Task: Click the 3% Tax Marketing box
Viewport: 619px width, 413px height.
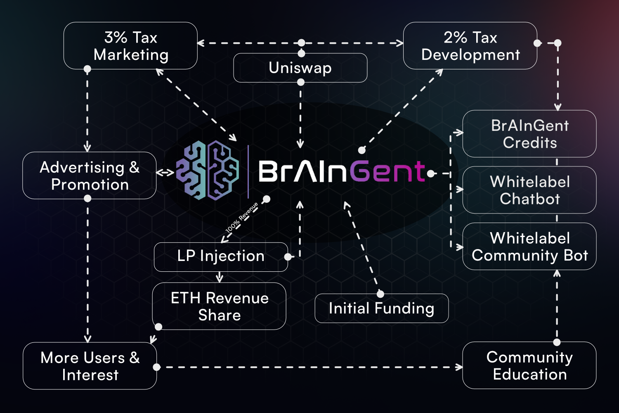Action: tap(130, 46)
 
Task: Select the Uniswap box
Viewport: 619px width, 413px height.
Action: tap(300, 68)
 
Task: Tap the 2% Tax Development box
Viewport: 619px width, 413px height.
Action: tap(470, 46)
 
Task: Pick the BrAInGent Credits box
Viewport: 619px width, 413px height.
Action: tap(529, 134)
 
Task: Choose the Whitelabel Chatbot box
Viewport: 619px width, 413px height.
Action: tap(529, 190)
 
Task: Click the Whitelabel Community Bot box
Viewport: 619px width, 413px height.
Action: tap(529, 247)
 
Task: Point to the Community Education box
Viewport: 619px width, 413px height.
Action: tap(529, 366)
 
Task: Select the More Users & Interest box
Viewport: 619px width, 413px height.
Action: tap(90, 366)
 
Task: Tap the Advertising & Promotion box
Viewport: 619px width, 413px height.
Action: tap(90, 176)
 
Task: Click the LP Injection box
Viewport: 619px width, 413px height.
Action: tap(221, 256)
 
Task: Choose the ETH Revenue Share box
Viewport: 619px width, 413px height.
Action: tap(219, 306)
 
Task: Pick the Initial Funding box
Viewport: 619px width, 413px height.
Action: tap(381, 309)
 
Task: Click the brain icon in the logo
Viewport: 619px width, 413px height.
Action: tap(208, 170)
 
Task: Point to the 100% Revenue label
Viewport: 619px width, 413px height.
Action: tap(242, 217)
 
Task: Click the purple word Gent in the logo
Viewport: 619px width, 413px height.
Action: tap(388, 171)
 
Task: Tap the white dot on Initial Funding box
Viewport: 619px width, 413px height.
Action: tap(380, 294)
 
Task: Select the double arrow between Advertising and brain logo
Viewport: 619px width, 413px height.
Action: tap(165, 173)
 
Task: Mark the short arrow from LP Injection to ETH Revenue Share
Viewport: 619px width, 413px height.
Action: tap(220, 277)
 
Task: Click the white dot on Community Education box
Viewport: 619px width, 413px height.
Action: tap(557, 342)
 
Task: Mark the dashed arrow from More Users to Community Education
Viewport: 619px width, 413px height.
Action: tap(309, 367)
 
